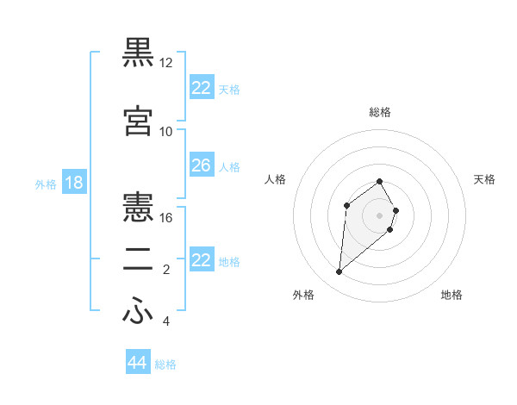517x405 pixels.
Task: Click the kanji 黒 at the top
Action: (x=138, y=53)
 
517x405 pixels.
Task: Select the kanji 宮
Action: (x=138, y=121)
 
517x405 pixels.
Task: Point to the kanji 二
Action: (x=138, y=259)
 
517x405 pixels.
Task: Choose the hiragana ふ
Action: (x=138, y=311)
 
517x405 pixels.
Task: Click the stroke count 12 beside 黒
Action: (x=166, y=63)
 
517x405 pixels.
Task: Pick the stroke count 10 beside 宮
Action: (x=166, y=132)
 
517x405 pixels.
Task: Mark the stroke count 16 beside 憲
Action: (x=166, y=218)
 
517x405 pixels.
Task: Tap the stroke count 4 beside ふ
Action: (x=166, y=321)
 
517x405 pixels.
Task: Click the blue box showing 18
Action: (x=73, y=183)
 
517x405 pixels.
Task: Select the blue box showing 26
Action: (x=202, y=165)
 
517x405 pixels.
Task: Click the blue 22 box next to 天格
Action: (x=202, y=88)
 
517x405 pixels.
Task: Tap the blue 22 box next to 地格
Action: (x=202, y=260)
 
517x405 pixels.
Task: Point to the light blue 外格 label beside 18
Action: (x=46, y=184)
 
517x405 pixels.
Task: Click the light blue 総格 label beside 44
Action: (x=165, y=364)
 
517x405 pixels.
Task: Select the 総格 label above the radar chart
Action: (x=380, y=112)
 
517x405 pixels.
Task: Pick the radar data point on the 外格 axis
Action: (x=339, y=272)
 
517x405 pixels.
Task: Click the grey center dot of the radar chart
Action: (x=380, y=215)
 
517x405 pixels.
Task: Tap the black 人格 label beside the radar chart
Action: (x=275, y=179)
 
